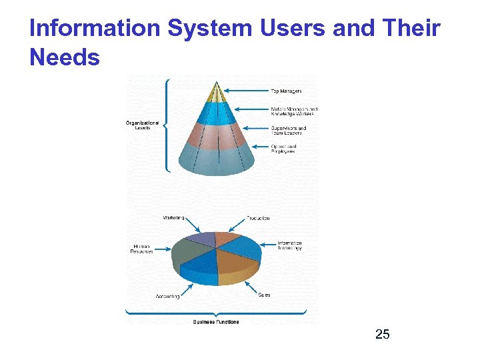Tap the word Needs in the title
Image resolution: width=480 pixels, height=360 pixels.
[65, 58]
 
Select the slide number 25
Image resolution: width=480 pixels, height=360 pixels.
[382, 334]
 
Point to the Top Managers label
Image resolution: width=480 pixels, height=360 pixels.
[285, 91]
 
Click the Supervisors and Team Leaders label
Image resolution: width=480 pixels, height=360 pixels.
[288, 131]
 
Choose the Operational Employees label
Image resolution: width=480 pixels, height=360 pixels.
[283, 149]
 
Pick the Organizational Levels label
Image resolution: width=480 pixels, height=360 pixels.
[142, 125]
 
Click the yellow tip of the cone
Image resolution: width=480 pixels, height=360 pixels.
[215, 92]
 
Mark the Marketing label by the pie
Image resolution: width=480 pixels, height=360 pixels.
[173, 218]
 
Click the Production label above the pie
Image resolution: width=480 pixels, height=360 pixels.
[258, 218]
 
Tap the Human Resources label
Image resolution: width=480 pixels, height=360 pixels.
[142, 249]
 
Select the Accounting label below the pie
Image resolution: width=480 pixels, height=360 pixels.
[167, 296]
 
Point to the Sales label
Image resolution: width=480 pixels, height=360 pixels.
[264, 295]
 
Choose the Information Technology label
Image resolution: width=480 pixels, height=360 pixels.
[289, 245]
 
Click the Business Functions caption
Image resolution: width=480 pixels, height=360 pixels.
[216, 322]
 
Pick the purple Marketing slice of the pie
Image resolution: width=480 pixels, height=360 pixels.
[201, 239]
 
